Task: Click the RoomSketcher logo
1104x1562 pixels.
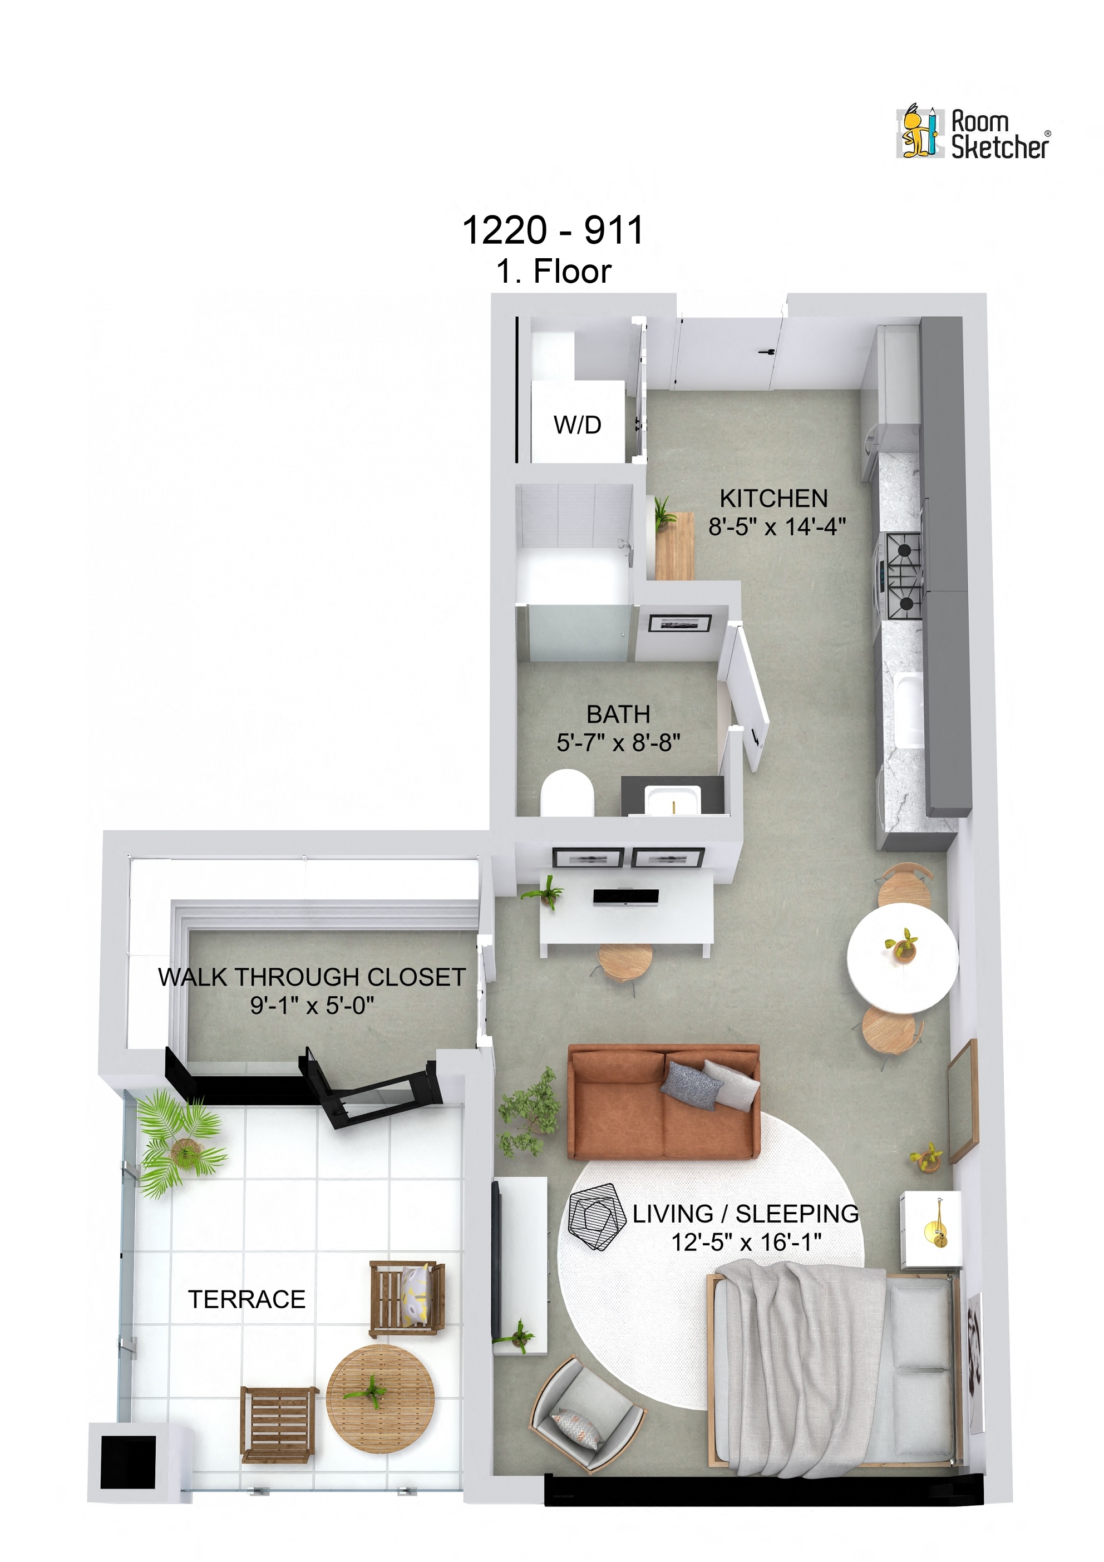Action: click(x=973, y=134)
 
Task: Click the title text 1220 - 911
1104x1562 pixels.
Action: click(x=553, y=230)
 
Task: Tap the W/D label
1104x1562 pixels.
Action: click(x=577, y=425)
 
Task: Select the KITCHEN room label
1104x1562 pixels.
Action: click(x=773, y=499)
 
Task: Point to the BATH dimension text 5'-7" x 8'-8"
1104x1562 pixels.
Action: click(x=618, y=742)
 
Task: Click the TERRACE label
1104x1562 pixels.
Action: click(x=247, y=1299)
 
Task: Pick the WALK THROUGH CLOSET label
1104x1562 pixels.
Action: click(x=312, y=977)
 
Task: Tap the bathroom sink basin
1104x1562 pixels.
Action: click(x=672, y=801)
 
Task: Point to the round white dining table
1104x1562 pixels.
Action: click(x=902, y=957)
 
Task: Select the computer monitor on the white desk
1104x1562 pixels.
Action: click(x=625, y=898)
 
